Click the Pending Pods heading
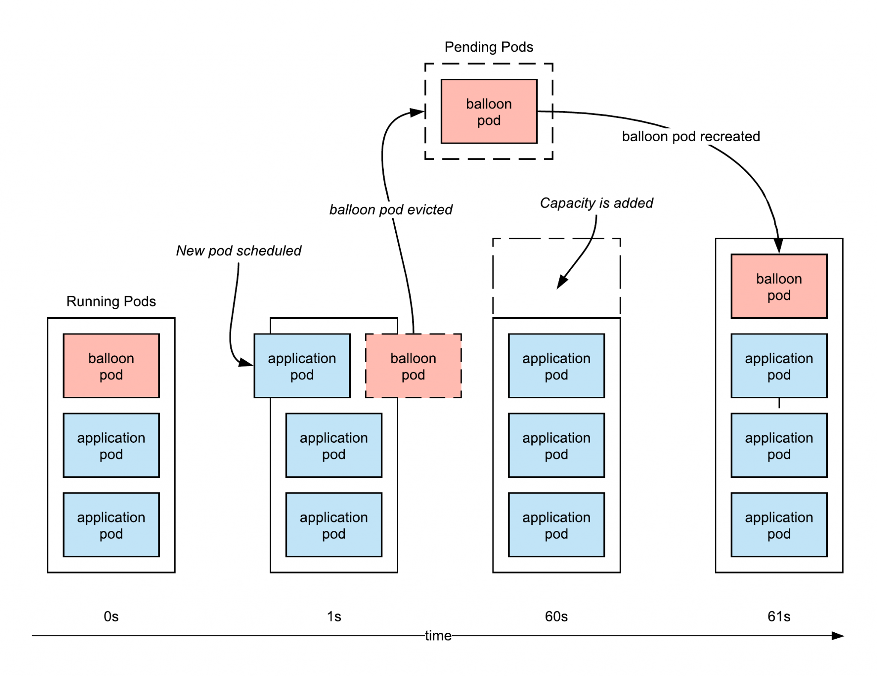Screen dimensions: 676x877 pos(488,47)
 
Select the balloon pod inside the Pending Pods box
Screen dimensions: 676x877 pos(489,111)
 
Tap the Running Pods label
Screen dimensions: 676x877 pos(111,301)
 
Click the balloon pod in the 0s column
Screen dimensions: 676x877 pos(111,366)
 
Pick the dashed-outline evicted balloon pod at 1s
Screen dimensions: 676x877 pos(413,366)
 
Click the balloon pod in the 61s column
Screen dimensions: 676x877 pos(778,286)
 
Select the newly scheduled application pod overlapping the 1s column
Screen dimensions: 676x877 pos(301,366)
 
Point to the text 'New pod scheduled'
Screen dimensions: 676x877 pos(239,250)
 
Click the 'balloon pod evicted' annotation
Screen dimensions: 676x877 pos(390,209)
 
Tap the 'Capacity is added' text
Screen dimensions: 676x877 pos(596,203)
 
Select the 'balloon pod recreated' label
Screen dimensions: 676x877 pos(690,136)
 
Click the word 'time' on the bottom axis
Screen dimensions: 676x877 pos(438,635)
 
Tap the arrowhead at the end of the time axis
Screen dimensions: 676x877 pos(838,635)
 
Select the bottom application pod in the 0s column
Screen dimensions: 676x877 pos(111,524)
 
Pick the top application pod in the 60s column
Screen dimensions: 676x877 pos(556,366)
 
